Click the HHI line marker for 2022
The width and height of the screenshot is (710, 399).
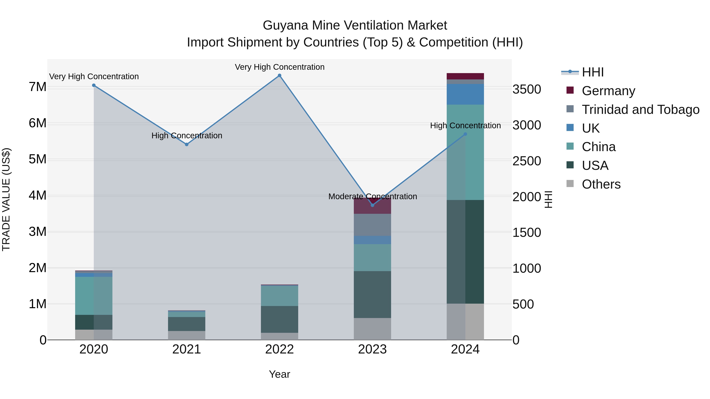pyautogui.click(x=279, y=75)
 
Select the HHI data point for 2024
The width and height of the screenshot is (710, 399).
pyautogui.click(x=465, y=134)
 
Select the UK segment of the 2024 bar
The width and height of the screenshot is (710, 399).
pyautogui.click(x=465, y=94)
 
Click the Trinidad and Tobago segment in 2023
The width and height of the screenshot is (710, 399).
pyautogui.click(x=372, y=225)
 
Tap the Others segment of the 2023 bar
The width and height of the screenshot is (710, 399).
pyautogui.click(x=372, y=329)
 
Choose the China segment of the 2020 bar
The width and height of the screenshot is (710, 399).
pyautogui.click(x=94, y=296)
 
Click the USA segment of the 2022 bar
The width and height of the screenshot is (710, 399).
pyautogui.click(x=279, y=319)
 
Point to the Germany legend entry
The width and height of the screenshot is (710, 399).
pyautogui.click(x=608, y=91)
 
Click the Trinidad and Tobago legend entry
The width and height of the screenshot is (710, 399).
pyautogui.click(x=640, y=110)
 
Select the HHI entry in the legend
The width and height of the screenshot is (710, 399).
pyautogui.click(x=593, y=72)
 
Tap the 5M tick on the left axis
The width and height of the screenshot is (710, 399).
pyautogui.click(x=37, y=159)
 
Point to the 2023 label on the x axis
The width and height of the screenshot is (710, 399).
pyautogui.click(x=372, y=349)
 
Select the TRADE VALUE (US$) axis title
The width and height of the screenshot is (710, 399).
pyautogui.click(x=6, y=199)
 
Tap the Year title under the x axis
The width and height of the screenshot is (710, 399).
pyautogui.click(x=279, y=374)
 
